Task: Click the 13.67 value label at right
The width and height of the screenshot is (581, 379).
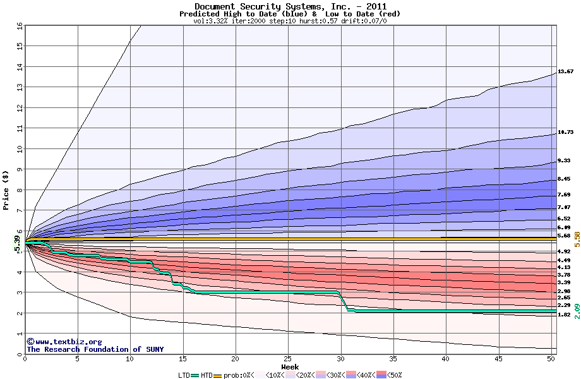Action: [x=565, y=71]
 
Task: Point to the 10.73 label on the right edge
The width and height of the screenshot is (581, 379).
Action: [x=565, y=133]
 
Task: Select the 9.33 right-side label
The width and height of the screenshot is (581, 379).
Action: [x=564, y=160]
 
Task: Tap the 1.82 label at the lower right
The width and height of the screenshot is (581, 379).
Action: [x=564, y=315]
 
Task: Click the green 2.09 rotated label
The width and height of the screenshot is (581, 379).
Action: [x=577, y=311]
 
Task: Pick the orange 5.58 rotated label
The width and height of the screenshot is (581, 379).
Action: [x=577, y=238]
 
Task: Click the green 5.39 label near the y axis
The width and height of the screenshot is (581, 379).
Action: [x=17, y=243]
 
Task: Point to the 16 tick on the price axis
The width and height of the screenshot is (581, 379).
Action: [x=19, y=26]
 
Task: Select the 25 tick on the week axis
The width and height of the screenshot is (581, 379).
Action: [x=288, y=359]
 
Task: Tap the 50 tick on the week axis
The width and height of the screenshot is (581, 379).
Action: [x=551, y=359]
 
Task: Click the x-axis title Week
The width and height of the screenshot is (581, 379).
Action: [x=290, y=366]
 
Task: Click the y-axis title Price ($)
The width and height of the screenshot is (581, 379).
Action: [x=6, y=189]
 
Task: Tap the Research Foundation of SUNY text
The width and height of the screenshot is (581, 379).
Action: [x=95, y=349]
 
